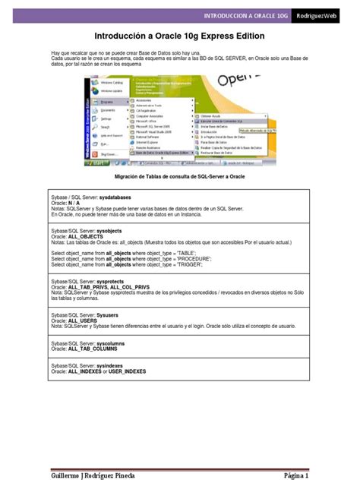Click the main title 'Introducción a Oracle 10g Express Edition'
[179, 36]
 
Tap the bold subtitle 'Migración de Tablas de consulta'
[179, 176]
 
